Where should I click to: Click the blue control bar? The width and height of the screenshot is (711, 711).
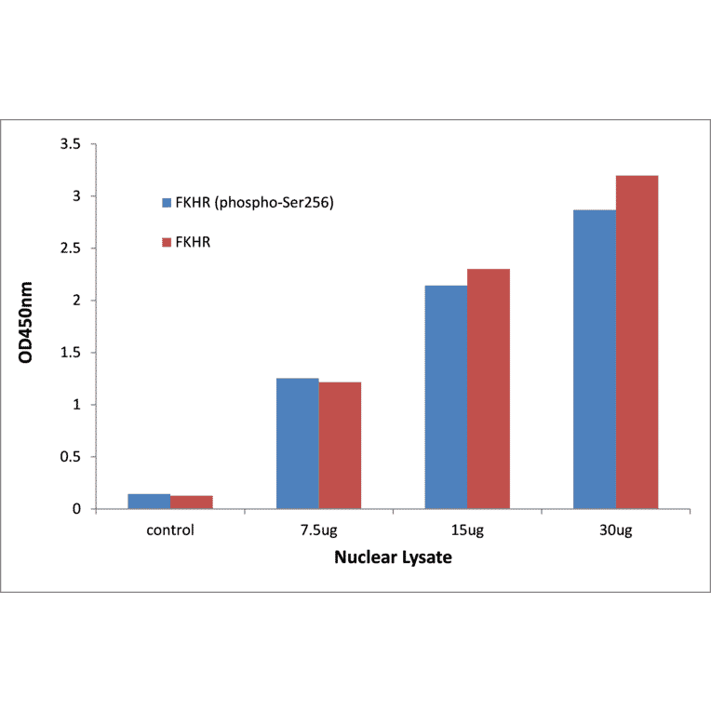pyautogui.click(x=149, y=502)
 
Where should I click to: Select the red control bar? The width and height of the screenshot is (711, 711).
pyautogui.click(x=192, y=503)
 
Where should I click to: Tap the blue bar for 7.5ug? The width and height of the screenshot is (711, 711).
pyautogui.click(x=297, y=444)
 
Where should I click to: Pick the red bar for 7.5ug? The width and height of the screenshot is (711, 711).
pyautogui.click(x=340, y=446)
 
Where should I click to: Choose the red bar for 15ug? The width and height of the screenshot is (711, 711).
pyautogui.click(x=488, y=389)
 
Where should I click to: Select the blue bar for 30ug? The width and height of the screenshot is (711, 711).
pyautogui.click(x=594, y=359)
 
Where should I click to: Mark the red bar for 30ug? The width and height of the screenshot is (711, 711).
pyautogui.click(x=637, y=342)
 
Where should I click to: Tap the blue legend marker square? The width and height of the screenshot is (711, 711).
pyautogui.click(x=167, y=202)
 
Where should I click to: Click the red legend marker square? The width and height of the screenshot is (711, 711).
pyautogui.click(x=167, y=242)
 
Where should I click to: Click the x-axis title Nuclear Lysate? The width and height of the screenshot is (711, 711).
pyautogui.click(x=393, y=558)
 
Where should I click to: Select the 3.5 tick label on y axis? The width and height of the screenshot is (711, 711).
pyautogui.click(x=72, y=144)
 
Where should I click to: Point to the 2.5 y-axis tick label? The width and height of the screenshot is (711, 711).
pyautogui.click(x=72, y=248)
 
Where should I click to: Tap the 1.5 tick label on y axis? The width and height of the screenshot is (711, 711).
pyautogui.click(x=72, y=353)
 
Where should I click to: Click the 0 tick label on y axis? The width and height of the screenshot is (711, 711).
pyautogui.click(x=78, y=509)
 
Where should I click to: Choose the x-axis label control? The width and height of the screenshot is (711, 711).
pyautogui.click(x=170, y=530)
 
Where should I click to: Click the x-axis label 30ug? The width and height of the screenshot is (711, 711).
pyautogui.click(x=615, y=530)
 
